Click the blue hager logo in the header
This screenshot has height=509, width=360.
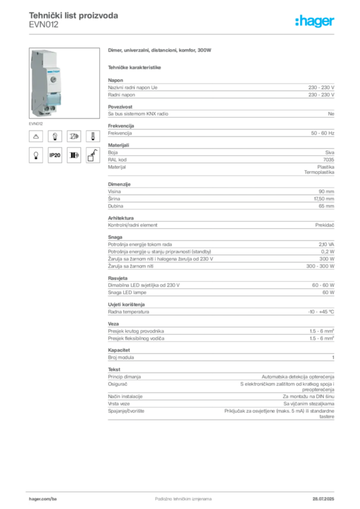click(x=315, y=22)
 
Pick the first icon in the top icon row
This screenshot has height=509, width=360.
click(x=36, y=135)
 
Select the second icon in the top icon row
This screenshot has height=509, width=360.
click(x=55, y=135)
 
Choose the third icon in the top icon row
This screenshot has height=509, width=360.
click(x=74, y=135)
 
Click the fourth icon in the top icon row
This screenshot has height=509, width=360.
click(x=92, y=135)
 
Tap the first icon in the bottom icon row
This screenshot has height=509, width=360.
click(x=36, y=156)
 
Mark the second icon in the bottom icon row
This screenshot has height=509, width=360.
click(x=55, y=156)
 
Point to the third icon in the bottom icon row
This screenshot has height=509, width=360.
click(x=74, y=156)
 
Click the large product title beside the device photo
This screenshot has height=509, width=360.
click(x=161, y=51)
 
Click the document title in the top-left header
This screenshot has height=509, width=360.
click(x=74, y=16)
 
